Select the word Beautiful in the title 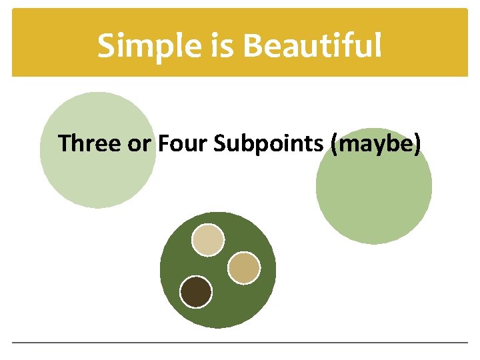coord(313,46)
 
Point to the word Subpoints coord(269,144)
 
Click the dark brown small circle coord(196,292)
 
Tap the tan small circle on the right coord(243,268)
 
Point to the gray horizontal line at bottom coord(240,343)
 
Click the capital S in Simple coord(107,46)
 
